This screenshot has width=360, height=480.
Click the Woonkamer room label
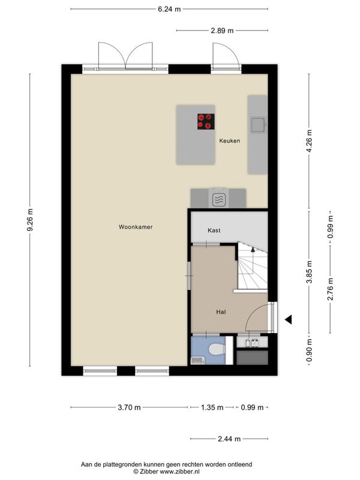136,227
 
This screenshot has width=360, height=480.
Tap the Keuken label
230,141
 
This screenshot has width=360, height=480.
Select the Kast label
214,230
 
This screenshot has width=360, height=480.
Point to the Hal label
221,312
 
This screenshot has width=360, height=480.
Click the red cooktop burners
206,122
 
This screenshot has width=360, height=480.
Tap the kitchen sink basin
258,125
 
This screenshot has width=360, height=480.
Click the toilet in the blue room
217,349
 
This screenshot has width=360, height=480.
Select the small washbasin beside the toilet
198,361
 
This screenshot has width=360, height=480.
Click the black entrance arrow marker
288,320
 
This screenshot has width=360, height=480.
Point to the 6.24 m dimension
169,9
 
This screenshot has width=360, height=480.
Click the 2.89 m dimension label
222,31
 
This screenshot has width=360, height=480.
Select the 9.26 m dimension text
30,220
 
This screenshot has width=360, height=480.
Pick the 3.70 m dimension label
129,407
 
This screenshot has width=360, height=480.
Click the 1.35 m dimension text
212,407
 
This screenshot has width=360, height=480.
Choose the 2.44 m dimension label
229,439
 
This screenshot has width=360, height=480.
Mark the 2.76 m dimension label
331,289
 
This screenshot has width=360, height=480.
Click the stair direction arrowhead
253,249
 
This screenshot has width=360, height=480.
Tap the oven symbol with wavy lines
219,200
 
